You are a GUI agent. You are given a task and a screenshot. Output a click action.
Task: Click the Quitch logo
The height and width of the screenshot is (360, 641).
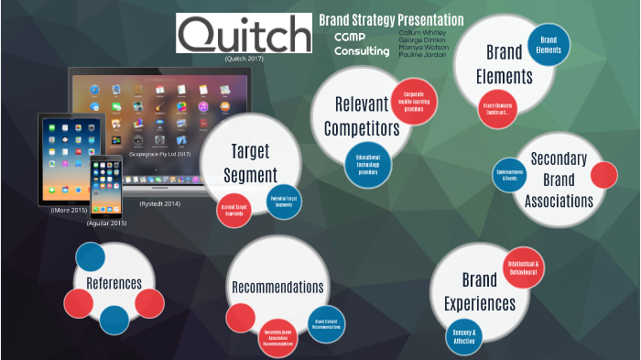coord(244,35)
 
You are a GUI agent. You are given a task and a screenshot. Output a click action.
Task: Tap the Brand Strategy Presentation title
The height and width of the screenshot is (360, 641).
coord(391,20)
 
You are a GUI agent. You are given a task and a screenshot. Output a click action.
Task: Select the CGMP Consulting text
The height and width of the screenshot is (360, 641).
coord(361,44)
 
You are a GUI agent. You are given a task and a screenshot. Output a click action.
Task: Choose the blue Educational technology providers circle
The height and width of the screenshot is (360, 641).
coord(368,164)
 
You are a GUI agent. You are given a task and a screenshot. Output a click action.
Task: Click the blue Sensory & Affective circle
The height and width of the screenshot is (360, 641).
coord(463,336)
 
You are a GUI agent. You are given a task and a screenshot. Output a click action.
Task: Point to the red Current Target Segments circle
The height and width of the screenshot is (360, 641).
coord(234,210)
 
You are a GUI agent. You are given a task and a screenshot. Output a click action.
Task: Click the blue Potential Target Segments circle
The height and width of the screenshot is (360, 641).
coord(283,201)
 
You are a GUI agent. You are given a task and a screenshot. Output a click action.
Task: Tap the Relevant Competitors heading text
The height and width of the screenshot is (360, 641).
coord(361,115)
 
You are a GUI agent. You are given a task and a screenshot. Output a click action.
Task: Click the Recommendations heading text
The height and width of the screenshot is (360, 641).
coord(277,288)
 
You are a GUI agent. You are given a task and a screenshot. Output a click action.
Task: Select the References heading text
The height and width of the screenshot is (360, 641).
coord(114,283)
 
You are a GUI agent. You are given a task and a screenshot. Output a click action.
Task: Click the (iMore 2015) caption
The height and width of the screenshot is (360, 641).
coord(69,211)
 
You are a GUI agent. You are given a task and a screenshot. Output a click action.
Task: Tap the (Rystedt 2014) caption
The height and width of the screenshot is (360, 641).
coord(160,203)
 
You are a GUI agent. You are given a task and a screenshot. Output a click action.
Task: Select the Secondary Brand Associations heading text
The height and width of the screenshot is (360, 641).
coord(559,180)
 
